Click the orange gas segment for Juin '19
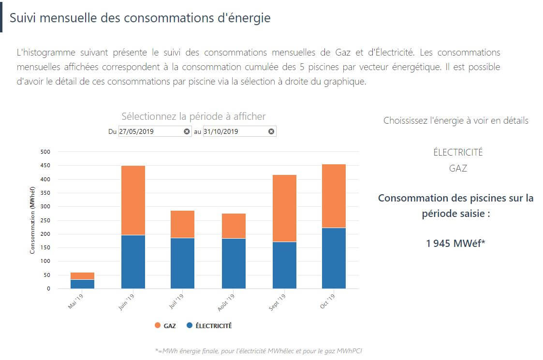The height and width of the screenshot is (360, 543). point(133,200)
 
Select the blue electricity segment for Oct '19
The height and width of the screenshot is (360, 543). point(334,258)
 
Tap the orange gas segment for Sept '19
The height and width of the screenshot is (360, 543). point(284,208)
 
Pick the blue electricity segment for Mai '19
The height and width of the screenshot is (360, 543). point(83,284)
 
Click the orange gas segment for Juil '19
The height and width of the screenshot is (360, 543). point(183,224)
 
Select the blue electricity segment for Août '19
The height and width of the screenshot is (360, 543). point(234,263)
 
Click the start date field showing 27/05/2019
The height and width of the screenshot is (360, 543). point(150,131)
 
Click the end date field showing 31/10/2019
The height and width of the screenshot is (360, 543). point(235,131)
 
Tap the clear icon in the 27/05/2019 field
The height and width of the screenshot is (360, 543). point(187,131)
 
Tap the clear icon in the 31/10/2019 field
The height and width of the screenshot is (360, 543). point(271,131)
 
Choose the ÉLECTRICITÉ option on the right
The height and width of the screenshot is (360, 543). point(458,152)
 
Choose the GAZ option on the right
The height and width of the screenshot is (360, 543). point(458,169)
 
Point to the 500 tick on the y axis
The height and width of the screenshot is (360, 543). point(45,152)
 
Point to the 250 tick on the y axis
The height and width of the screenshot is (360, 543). point(45,220)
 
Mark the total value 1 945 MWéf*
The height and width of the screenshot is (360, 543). point(455,243)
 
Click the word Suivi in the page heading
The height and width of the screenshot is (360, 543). point(23,18)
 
